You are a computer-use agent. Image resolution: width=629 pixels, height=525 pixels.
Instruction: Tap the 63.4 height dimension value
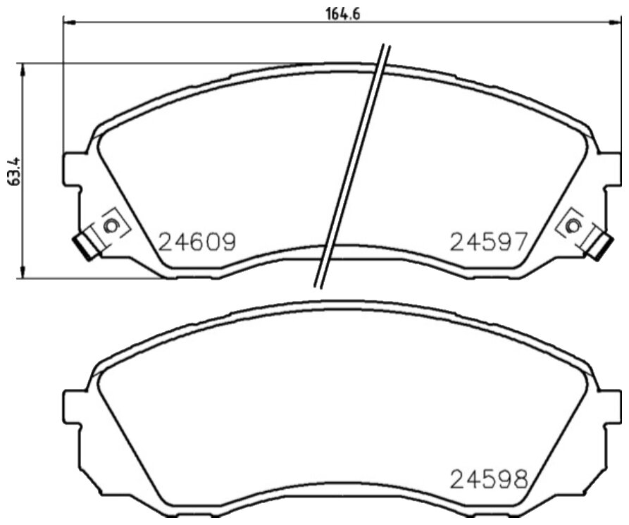[14, 171]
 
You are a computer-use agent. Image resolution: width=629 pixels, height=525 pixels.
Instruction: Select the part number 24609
[197, 242]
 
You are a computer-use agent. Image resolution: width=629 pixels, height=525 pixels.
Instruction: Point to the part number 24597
[488, 242]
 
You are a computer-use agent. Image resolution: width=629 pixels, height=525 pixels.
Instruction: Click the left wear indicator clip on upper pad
[86, 246]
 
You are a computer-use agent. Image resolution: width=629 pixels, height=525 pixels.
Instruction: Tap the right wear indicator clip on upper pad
[599, 246]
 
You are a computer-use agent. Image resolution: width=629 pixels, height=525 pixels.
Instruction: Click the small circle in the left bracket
[110, 226]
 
